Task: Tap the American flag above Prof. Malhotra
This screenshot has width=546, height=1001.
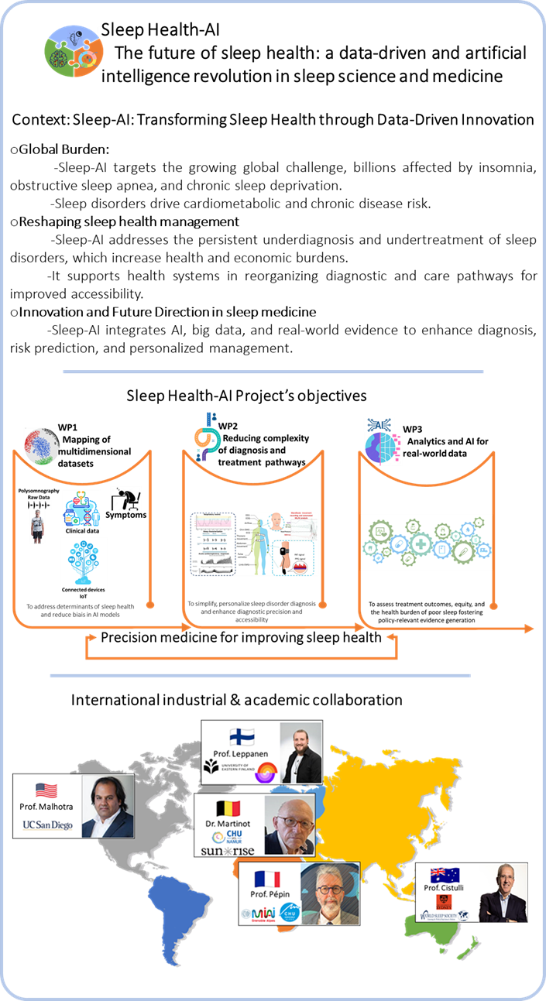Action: click(47, 790)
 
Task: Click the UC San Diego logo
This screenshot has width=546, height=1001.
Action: click(47, 824)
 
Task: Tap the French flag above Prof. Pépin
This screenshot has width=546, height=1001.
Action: click(267, 879)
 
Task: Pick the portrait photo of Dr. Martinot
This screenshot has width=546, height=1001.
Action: click(290, 824)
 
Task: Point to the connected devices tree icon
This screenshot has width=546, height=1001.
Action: click(84, 562)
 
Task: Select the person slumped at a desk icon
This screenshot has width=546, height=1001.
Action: click(125, 499)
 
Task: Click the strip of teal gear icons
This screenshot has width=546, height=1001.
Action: click(427, 543)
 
